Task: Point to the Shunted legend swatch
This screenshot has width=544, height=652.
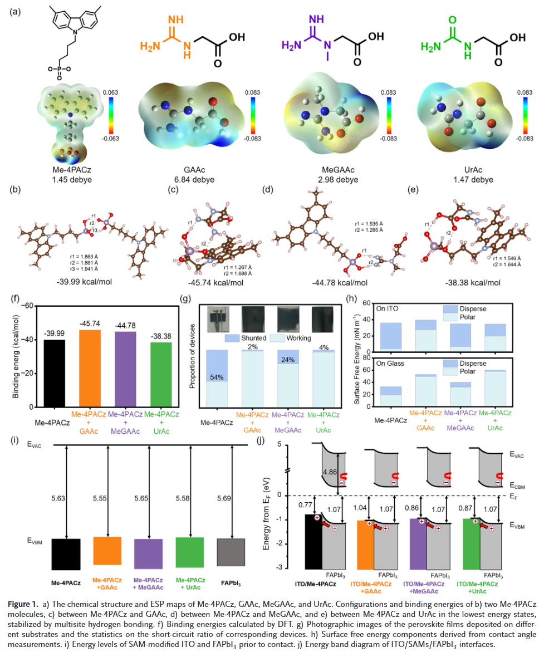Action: [231, 338]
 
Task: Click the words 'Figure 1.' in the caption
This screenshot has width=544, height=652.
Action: [28, 605]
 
